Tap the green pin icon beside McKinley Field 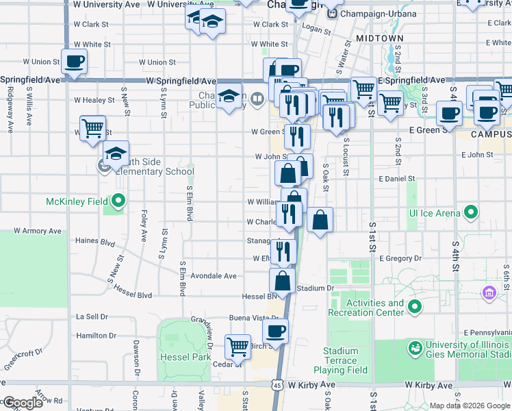[119, 201]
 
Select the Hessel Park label [185, 357]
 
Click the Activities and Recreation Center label [375, 308]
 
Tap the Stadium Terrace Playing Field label [345, 360]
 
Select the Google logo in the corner [23, 403]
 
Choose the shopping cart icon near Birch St [238, 347]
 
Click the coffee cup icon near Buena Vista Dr [275, 331]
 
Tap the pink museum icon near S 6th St [489, 294]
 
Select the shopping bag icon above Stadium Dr [282, 280]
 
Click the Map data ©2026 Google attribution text [469, 406]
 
